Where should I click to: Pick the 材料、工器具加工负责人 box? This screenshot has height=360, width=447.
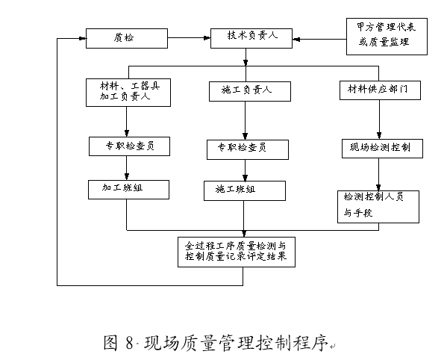point(128,91)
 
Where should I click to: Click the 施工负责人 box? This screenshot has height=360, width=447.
point(246,90)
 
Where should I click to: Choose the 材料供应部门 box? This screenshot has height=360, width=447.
point(379,90)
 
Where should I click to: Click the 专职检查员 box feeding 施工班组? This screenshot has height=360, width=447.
point(247,149)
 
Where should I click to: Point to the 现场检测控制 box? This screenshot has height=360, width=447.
point(378,147)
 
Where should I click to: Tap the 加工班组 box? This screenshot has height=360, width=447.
point(127,188)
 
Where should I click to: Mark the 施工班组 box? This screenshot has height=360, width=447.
point(245,190)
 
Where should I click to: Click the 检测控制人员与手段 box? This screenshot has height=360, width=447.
point(378,205)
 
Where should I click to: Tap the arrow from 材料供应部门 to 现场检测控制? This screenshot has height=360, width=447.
point(380,119)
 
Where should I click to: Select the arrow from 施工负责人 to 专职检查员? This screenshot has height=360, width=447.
point(246,120)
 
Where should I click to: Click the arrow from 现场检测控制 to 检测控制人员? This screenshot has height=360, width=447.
point(380,173)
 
